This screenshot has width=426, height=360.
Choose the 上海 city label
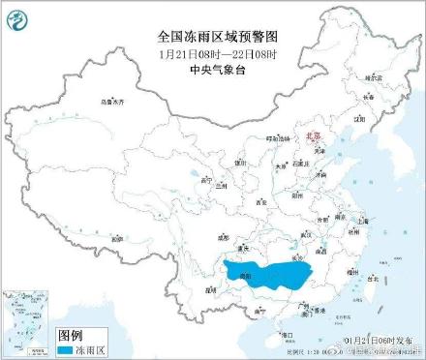[x=365, y=221]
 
